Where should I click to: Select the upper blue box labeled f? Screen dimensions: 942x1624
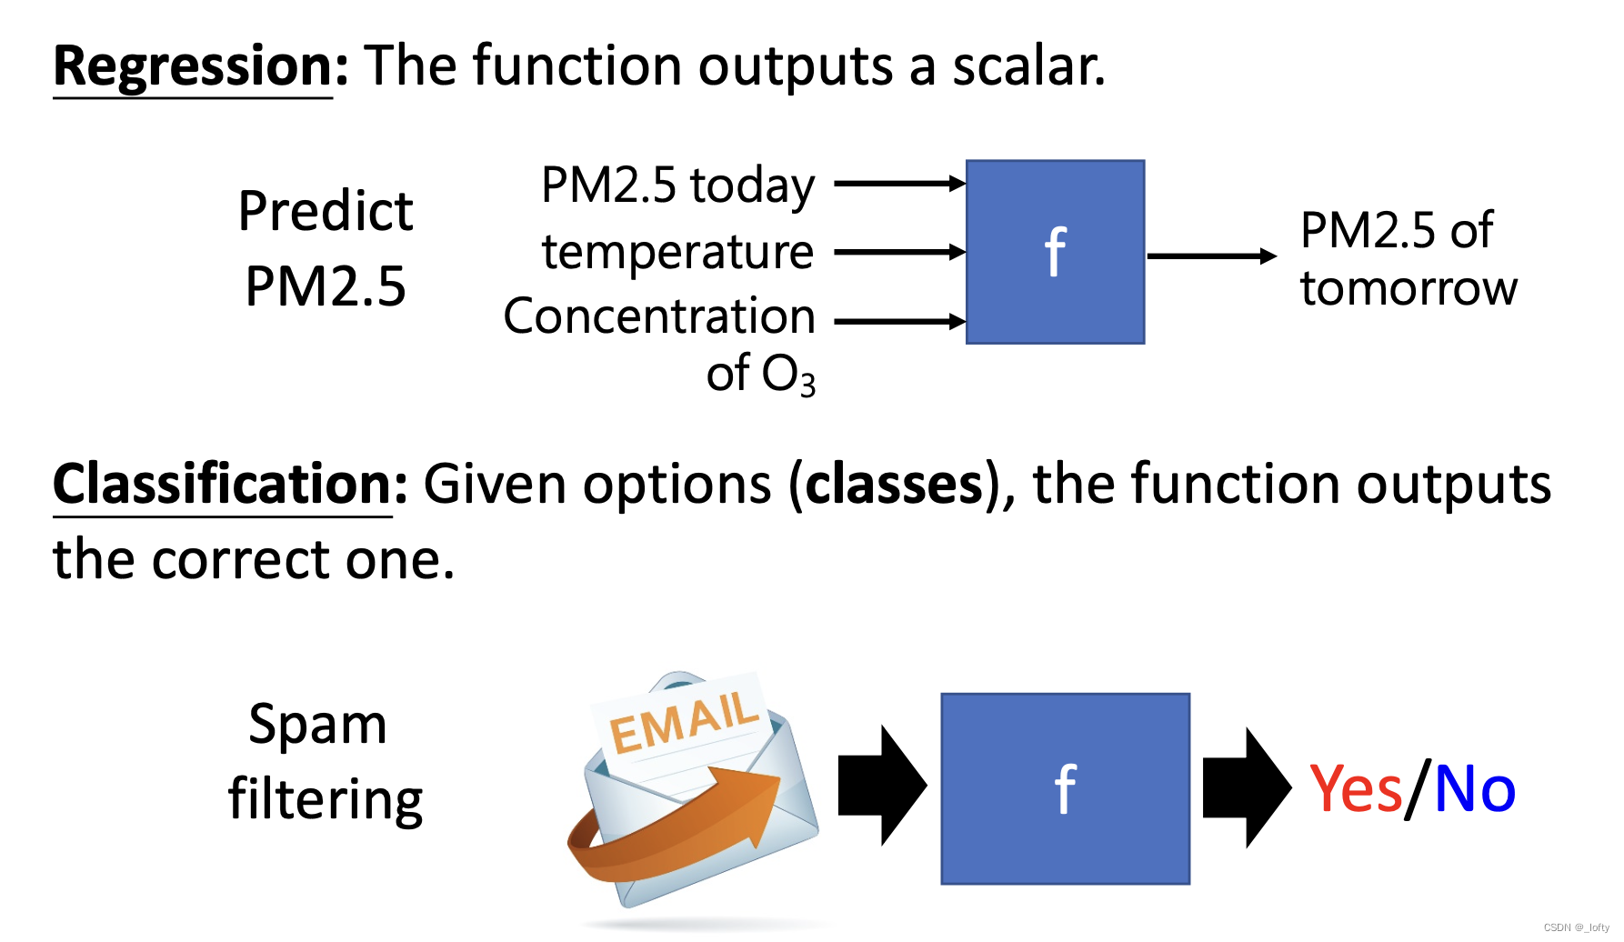1055,252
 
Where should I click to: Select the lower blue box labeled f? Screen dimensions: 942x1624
1065,788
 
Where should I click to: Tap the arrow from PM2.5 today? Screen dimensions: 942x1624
898,184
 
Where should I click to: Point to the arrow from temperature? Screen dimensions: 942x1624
898,252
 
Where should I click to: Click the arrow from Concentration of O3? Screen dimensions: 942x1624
898,321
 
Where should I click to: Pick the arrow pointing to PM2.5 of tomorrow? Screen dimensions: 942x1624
1211,256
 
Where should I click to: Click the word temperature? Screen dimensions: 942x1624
677,252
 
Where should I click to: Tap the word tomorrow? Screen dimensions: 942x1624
1408,288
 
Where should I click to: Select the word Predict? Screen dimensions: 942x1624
326,211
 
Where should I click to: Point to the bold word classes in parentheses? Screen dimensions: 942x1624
895,484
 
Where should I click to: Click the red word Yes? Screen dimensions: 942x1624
1356,788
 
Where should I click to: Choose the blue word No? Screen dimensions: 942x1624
1475,788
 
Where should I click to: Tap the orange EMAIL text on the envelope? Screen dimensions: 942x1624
683,723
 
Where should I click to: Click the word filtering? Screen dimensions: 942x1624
326,800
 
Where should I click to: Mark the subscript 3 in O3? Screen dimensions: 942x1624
807,385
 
